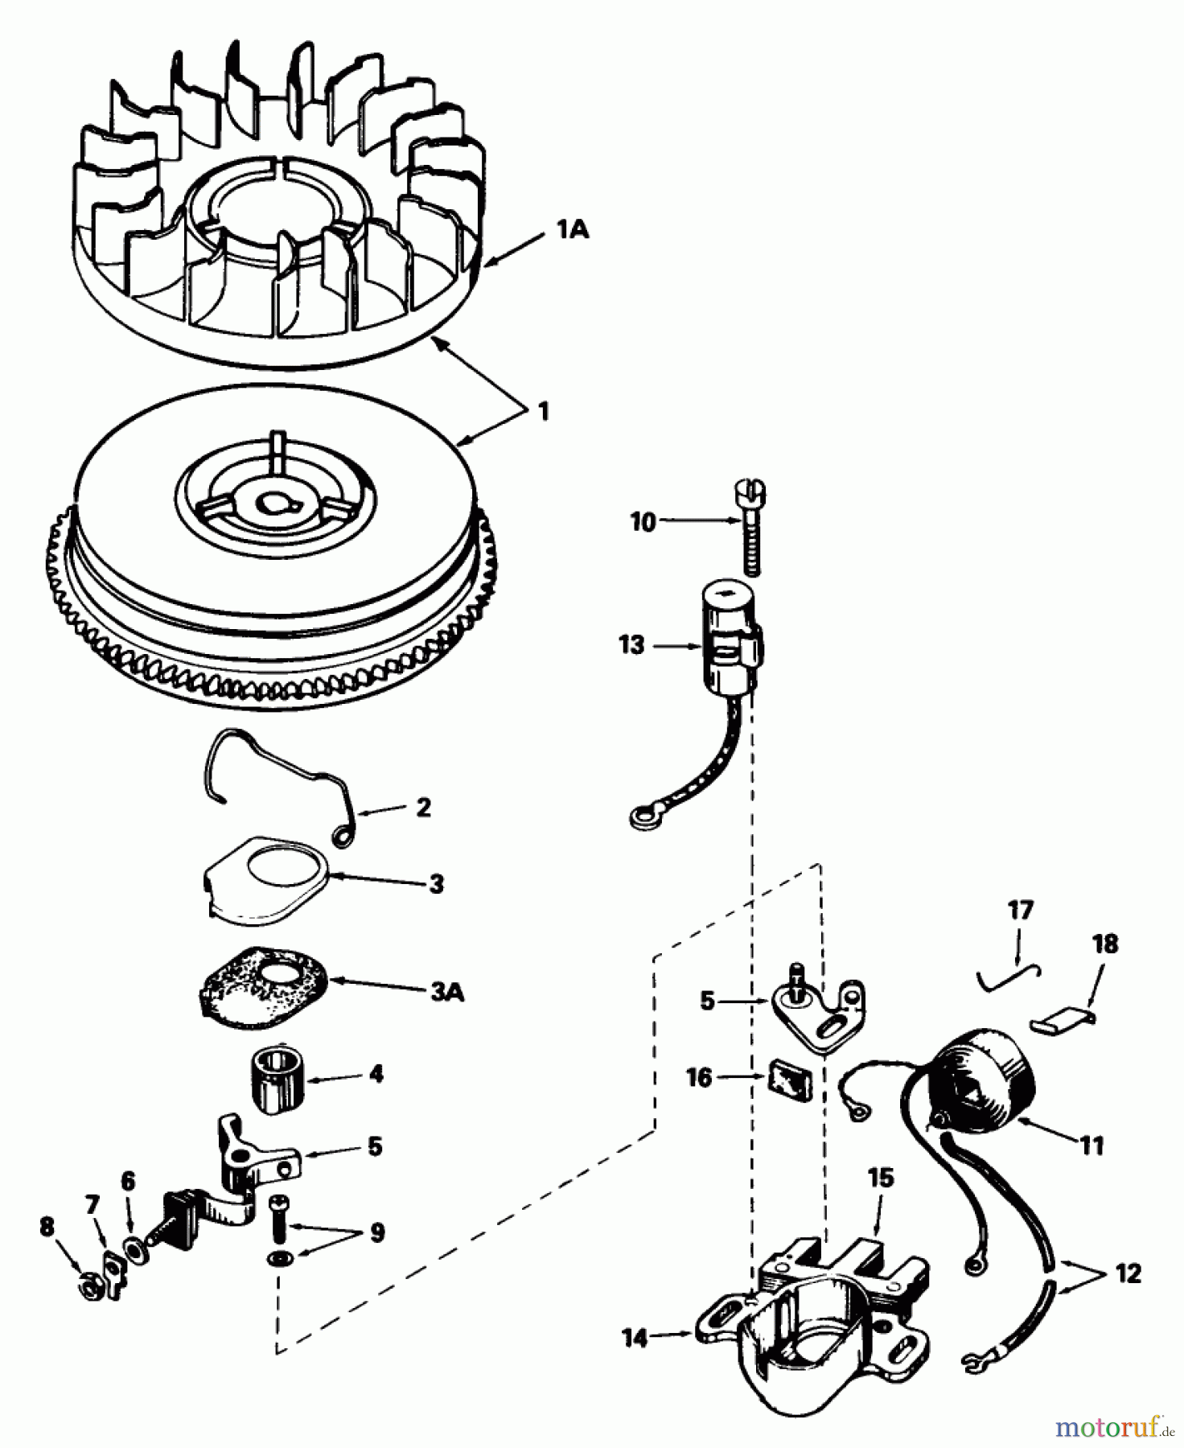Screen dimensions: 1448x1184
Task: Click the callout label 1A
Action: [x=573, y=230]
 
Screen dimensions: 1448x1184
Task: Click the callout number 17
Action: [x=1020, y=911]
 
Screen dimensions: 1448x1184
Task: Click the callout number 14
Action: [x=635, y=1338]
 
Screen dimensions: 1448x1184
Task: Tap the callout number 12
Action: [x=1128, y=1273]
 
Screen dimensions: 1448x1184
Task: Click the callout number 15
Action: [x=881, y=1178]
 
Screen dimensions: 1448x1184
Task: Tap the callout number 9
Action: [x=376, y=1232]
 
